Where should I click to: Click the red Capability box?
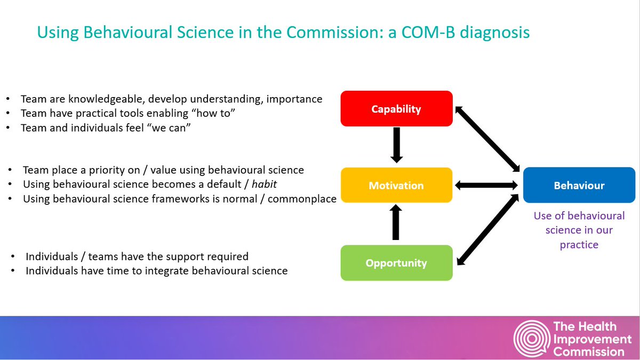[396, 109]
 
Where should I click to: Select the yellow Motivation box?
[396, 186]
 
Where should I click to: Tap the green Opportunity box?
[396, 263]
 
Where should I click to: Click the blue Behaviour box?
[579, 186]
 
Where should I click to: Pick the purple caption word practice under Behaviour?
[579, 245]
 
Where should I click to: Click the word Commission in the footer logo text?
[589, 351]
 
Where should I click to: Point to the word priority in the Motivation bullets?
[93, 170]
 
